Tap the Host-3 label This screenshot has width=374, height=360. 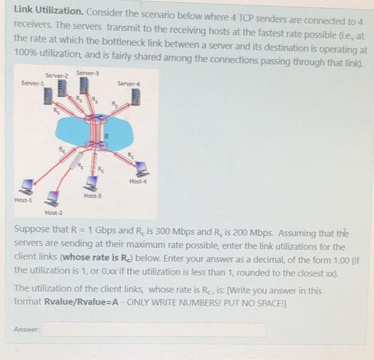tap(92, 195)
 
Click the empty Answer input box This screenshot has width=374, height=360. tap(153, 329)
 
